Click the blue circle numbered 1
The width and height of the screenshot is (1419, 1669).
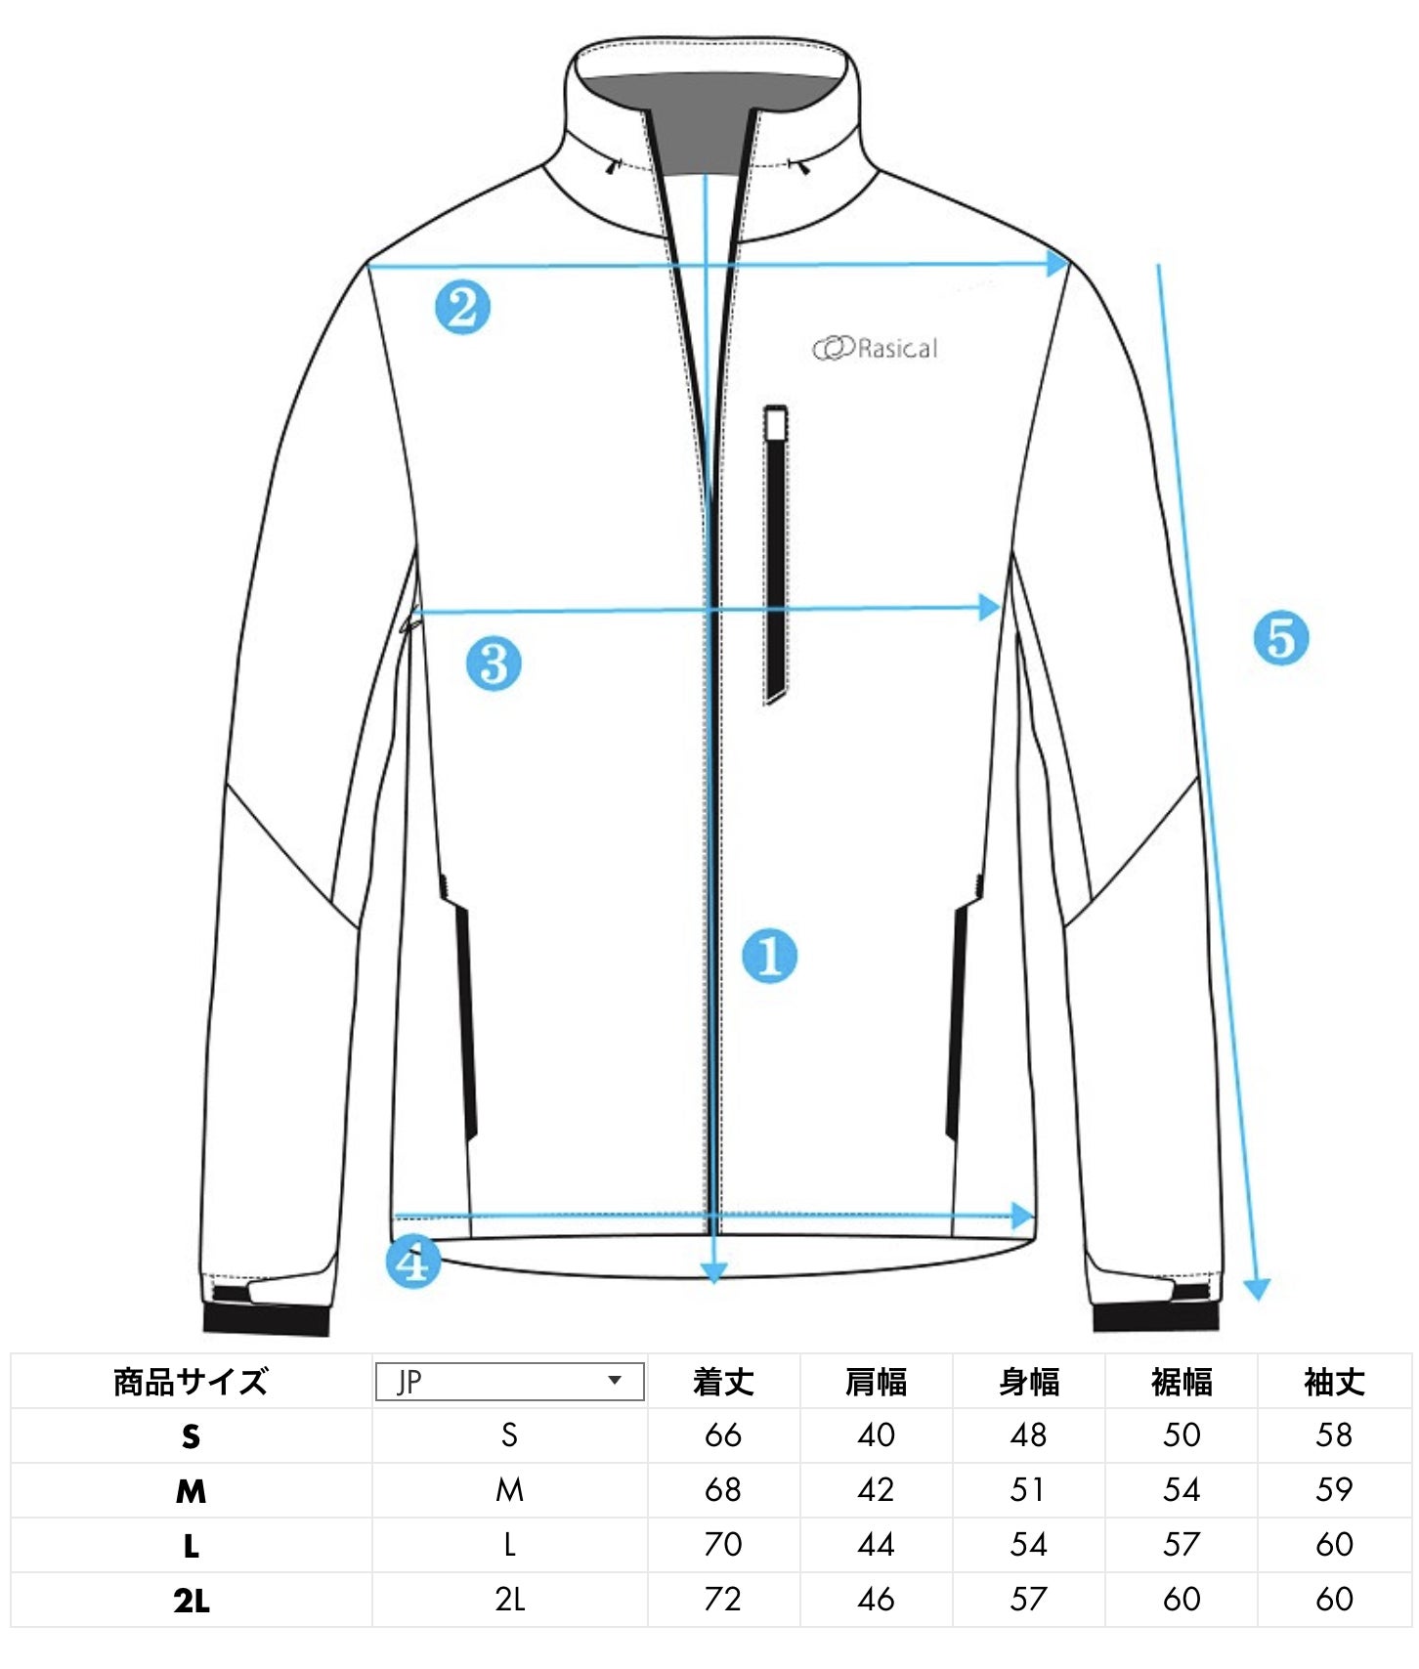(x=769, y=956)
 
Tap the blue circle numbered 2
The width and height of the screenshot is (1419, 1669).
(x=462, y=307)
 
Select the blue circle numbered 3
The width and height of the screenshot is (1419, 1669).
(x=494, y=663)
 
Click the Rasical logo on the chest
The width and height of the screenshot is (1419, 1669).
(x=876, y=348)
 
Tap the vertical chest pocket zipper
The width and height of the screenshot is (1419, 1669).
(x=776, y=553)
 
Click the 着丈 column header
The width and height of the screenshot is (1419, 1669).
(x=723, y=1382)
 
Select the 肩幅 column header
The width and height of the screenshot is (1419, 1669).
(x=876, y=1382)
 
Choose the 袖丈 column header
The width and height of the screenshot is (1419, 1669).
(x=1334, y=1382)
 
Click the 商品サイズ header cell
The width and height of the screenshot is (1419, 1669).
(x=191, y=1382)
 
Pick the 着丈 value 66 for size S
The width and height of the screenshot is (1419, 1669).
(x=723, y=1435)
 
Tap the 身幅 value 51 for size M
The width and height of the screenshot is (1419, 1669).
(x=1028, y=1490)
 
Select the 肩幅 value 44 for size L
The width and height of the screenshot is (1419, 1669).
(x=876, y=1545)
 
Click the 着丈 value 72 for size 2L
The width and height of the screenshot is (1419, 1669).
(x=723, y=1600)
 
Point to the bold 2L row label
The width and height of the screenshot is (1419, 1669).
(x=191, y=1601)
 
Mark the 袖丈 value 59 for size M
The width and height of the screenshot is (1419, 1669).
(x=1334, y=1490)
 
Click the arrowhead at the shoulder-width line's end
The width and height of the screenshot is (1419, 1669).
(x=1057, y=263)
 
